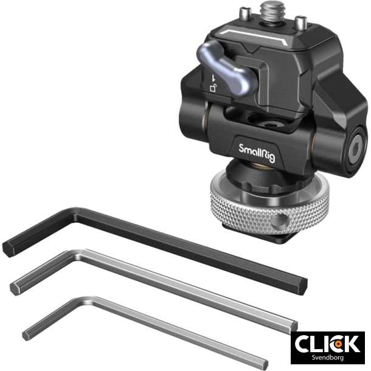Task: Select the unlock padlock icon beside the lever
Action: click(x=213, y=88)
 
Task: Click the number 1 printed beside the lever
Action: click(x=214, y=78)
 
